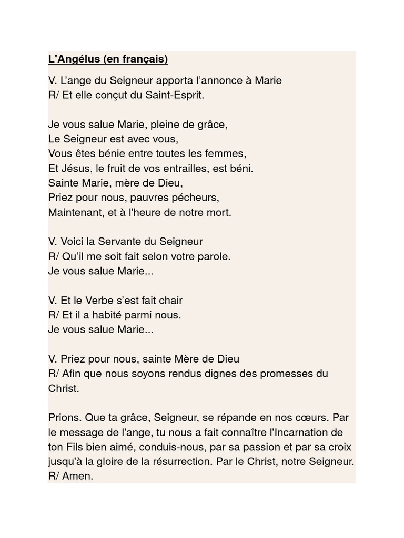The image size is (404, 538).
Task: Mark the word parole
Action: [214, 256]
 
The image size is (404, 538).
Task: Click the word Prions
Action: [63, 418]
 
